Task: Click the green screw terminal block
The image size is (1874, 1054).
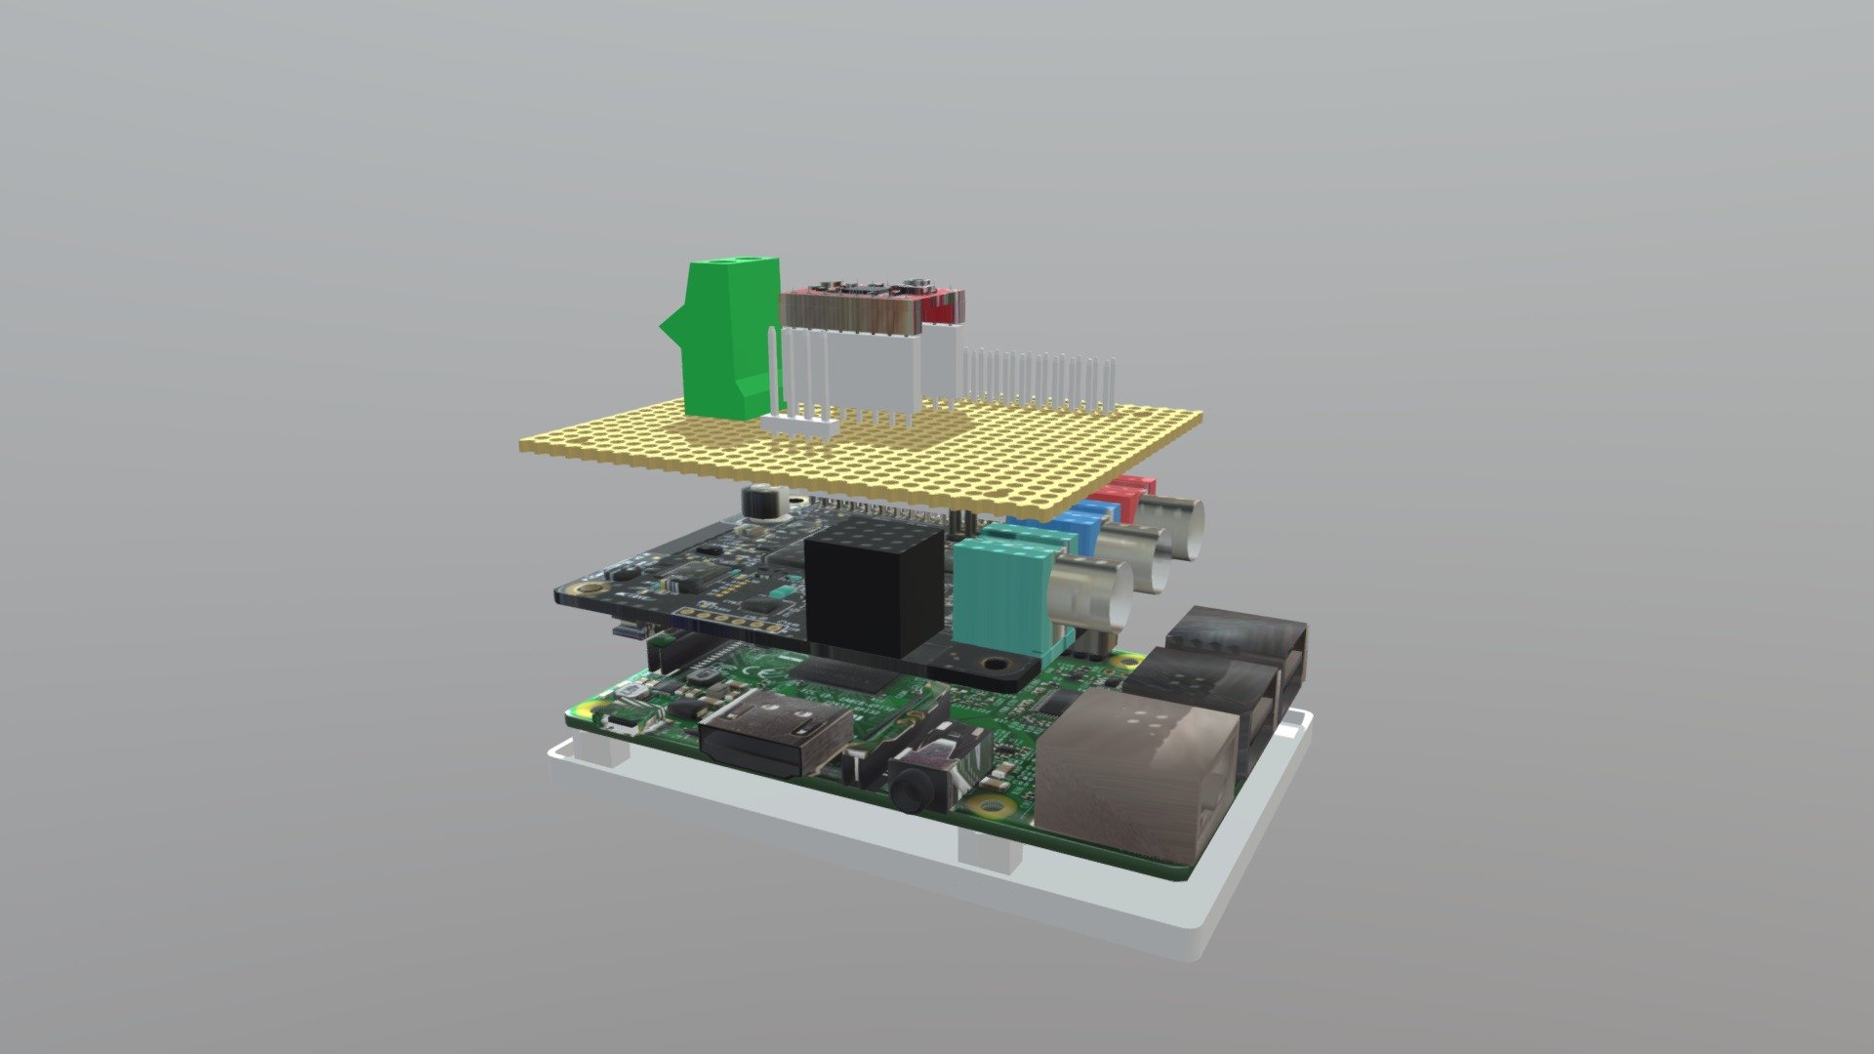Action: coord(727,337)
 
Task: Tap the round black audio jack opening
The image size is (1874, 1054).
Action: coord(912,786)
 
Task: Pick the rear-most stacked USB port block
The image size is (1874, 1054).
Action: coord(1240,639)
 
